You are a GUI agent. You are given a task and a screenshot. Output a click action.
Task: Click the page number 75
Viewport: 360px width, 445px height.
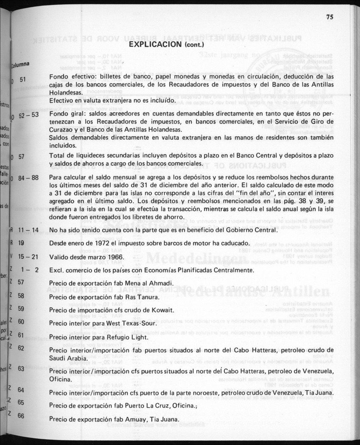click(330, 17)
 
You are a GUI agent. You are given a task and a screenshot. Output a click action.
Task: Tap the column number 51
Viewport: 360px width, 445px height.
click(23, 79)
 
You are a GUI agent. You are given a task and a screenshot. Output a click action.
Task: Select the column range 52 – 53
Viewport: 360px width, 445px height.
click(29, 115)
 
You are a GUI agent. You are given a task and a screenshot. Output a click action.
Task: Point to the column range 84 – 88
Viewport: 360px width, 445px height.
click(29, 177)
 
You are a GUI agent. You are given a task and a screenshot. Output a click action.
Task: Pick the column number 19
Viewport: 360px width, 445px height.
click(21, 243)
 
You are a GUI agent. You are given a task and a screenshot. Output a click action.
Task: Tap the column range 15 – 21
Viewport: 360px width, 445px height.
click(29, 257)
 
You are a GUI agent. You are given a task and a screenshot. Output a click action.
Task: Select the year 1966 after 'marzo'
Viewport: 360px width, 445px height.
click(114, 257)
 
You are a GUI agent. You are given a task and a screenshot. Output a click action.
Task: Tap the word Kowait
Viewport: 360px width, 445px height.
click(163, 310)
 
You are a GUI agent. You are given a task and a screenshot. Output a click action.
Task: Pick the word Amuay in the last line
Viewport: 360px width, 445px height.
click(132, 420)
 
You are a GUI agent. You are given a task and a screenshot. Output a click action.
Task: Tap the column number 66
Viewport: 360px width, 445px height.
click(21, 416)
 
